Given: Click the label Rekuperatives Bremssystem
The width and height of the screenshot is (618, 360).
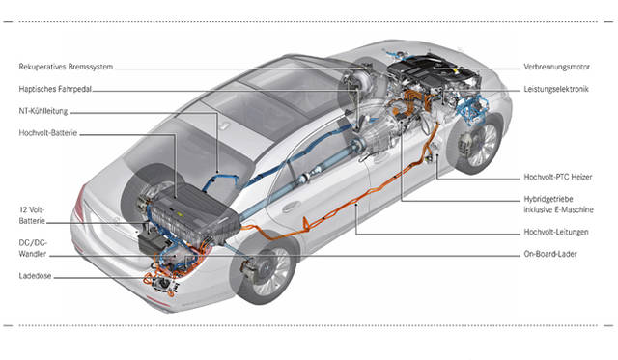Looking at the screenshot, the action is point(66,67).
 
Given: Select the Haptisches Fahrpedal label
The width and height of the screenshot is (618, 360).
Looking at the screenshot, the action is point(55,89).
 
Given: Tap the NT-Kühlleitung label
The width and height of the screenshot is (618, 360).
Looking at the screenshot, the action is point(43,111).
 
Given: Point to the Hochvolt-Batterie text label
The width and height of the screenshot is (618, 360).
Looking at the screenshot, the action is point(48,133).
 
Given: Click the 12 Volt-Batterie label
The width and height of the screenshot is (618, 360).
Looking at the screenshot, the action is point(32,215).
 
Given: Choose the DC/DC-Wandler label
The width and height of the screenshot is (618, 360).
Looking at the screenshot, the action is point(33,249).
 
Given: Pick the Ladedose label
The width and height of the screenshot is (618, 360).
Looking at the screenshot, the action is point(35,276).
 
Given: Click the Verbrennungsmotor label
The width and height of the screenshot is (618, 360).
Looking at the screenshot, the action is point(556,67).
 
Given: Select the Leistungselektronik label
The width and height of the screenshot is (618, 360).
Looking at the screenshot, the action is point(556,89).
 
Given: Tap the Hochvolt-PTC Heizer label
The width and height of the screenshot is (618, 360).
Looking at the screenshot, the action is point(558,178).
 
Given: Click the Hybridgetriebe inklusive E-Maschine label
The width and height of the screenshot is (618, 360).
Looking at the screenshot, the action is point(558,205).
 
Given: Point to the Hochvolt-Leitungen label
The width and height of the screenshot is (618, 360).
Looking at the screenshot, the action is point(556,232).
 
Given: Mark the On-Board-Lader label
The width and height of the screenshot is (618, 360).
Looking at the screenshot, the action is point(550,254).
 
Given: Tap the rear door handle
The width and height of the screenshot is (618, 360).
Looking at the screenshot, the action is point(291,207).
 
